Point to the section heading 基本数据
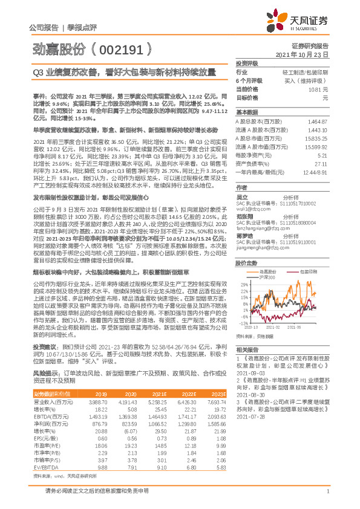pos(246,113)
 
